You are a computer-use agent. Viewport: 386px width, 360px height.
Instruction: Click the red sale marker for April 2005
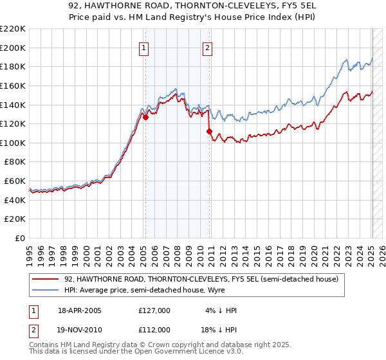[146, 117]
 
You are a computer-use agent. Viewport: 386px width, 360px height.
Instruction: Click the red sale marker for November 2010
[210, 131]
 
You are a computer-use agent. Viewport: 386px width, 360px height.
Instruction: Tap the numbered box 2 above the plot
[207, 47]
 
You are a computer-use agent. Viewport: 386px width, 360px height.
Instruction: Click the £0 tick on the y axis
[21, 238]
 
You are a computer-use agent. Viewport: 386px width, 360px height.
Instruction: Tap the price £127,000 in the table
[154, 310]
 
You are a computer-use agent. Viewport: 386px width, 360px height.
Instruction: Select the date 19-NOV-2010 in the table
[80, 329]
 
